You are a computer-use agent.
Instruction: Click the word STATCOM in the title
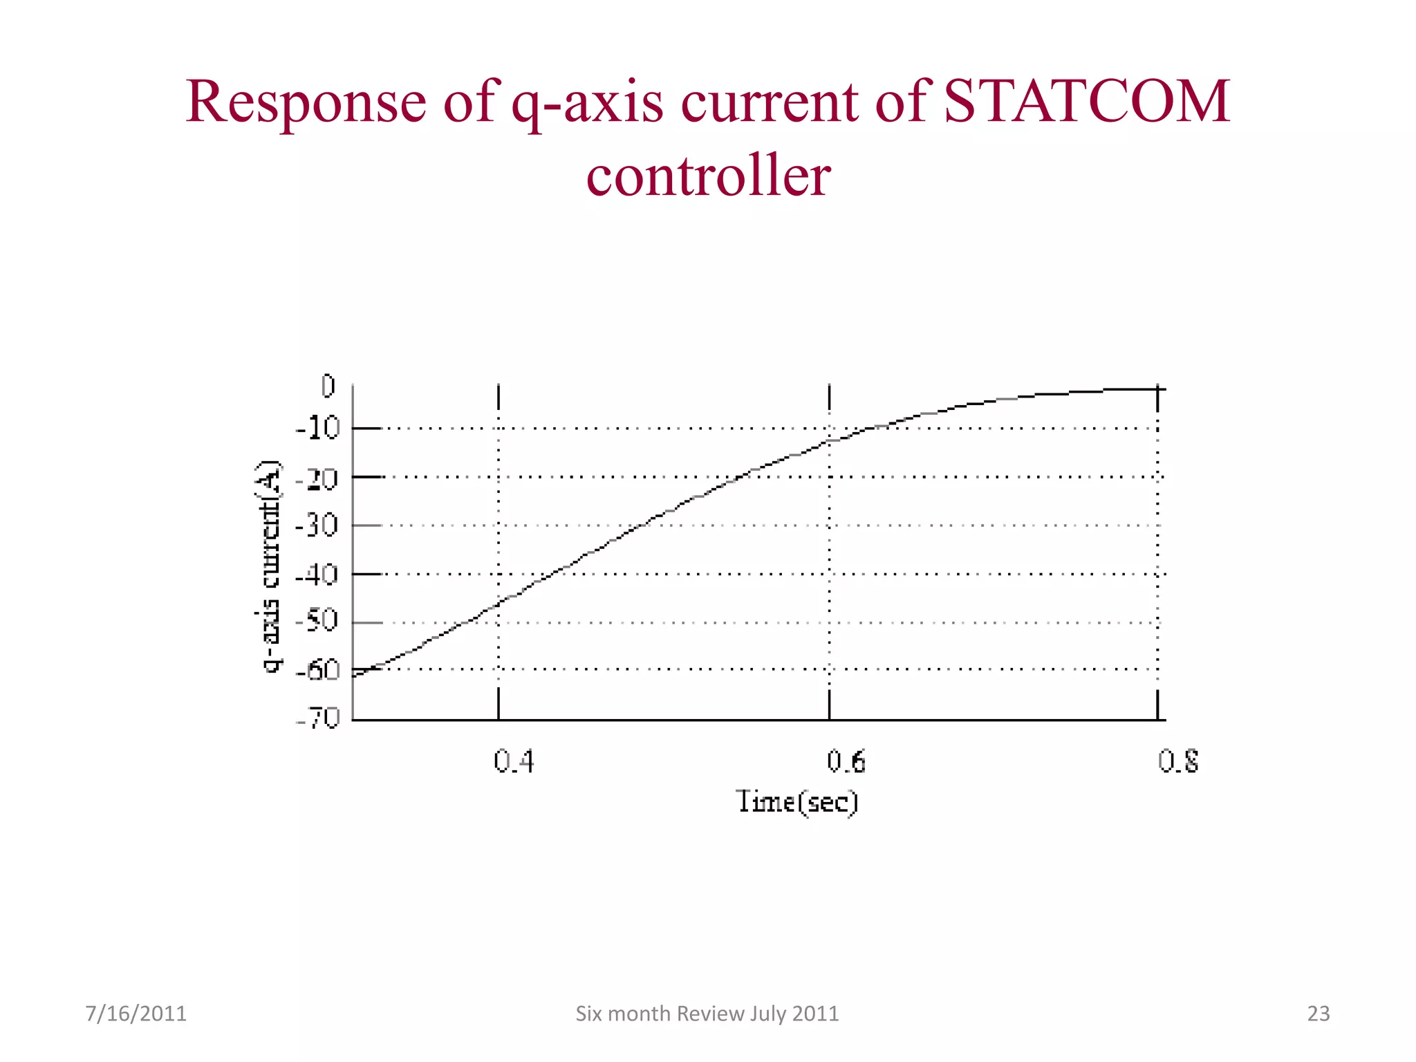[1086, 102]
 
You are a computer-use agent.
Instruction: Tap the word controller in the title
[708, 176]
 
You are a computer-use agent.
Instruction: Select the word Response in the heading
[306, 102]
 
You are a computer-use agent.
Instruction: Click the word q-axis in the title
[586, 104]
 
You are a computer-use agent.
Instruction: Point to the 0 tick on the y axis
[328, 386]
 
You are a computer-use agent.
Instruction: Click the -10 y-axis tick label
[318, 429]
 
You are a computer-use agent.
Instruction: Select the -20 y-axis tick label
[317, 478]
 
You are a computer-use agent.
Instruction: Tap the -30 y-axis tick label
[317, 526]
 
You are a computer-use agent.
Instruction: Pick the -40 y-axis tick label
[317, 575]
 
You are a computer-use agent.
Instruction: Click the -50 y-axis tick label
[317, 621]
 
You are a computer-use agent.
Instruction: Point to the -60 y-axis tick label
[317, 670]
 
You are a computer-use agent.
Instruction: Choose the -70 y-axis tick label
[318, 718]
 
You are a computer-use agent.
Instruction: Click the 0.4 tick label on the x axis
[514, 761]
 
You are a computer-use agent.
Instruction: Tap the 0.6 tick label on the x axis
[846, 761]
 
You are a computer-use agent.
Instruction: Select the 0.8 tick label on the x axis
[1178, 761]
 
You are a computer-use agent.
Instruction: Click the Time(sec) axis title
[796, 802]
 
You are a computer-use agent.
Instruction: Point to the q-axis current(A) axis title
[270, 566]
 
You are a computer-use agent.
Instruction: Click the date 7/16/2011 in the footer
[136, 1014]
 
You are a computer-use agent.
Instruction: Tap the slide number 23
[1318, 1014]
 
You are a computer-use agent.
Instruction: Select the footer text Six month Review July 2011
[707, 1014]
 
